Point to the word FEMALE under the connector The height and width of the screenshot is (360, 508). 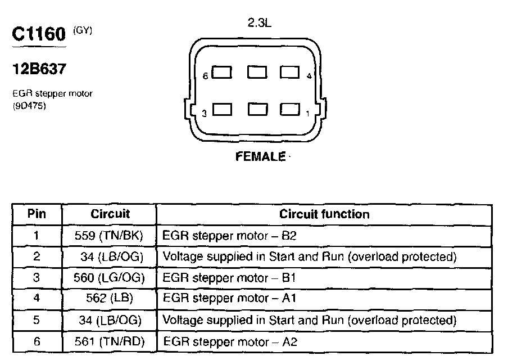click(260, 157)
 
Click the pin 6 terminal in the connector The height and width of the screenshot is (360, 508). click(223, 73)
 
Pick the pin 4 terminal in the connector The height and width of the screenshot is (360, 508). click(289, 73)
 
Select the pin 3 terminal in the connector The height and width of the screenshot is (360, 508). click(223, 110)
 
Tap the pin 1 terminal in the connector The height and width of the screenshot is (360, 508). click(289, 110)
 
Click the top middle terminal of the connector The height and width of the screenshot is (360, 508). click(256, 73)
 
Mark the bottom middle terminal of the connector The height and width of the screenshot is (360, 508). click(256, 110)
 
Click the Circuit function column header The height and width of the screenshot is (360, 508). click(324, 214)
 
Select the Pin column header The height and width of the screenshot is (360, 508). click(37, 214)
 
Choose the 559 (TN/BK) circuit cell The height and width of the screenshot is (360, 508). click(109, 236)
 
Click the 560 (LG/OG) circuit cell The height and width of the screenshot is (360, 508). click(109, 278)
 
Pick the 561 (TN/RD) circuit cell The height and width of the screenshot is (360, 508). click(109, 341)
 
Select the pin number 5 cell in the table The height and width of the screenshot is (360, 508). click(37, 320)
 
